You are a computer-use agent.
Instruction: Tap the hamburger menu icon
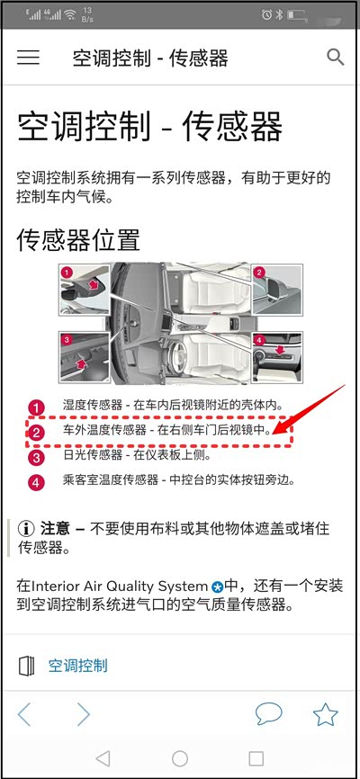(x=28, y=58)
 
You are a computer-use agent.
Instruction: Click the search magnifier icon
(x=336, y=58)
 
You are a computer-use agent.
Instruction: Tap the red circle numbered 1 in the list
(x=36, y=407)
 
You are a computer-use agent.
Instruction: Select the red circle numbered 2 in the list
(x=36, y=433)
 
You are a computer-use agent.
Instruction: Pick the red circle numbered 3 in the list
(x=36, y=458)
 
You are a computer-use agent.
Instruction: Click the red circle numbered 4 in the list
(x=36, y=482)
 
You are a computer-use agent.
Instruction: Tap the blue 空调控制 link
(x=78, y=666)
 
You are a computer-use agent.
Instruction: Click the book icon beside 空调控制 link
(x=26, y=666)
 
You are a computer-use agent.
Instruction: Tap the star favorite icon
(x=326, y=715)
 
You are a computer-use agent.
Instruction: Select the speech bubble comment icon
(x=269, y=714)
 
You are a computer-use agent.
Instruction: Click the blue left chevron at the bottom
(x=24, y=715)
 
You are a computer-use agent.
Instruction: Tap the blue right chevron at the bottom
(x=84, y=715)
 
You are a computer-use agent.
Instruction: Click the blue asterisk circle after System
(x=217, y=586)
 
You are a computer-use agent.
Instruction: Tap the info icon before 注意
(x=26, y=529)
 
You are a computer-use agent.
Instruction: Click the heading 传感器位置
(x=78, y=240)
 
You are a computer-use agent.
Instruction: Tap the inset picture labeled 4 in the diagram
(x=277, y=357)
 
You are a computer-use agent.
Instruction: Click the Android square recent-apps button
(x=256, y=758)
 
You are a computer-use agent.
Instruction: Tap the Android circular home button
(x=180, y=758)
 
